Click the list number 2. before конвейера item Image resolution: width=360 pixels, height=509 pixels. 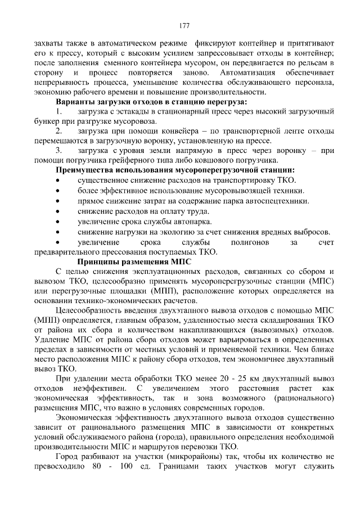click(59, 131)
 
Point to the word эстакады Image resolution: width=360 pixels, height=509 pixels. click(136, 111)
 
